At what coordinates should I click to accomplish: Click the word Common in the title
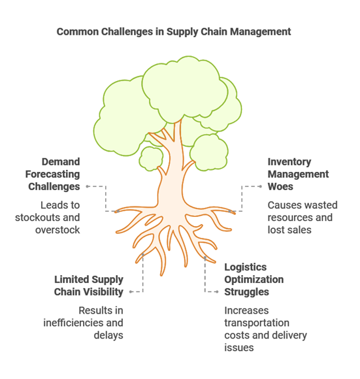click(78, 31)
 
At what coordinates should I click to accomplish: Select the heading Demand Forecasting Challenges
click(53, 174)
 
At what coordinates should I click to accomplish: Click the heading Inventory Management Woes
click(298, 174)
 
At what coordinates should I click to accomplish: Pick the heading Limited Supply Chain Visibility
click(89, 286)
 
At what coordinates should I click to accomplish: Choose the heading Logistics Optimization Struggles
click(254, 280)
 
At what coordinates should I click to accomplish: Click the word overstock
click(57, 230)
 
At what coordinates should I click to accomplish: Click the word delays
click(108, 335)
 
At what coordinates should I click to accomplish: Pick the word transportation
click(257, 323)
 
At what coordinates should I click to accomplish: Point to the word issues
click(239, 348)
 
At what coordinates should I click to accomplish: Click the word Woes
click(280, 187)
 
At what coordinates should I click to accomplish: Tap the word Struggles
click(246, 292)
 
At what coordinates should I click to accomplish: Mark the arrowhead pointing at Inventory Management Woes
click(260, 186)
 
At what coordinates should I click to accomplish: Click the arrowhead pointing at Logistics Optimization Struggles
click(217, 291)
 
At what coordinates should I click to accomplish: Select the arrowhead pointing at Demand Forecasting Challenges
click(88, 186)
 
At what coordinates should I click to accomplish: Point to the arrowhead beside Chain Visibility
click(131, 291)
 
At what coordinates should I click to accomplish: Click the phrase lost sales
click(289, 230)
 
